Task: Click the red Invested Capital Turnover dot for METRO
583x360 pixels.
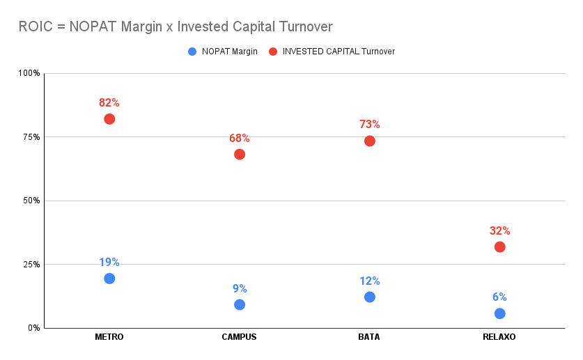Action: (x=109, y=119)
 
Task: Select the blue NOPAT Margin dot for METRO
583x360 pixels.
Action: (x=109, y=279)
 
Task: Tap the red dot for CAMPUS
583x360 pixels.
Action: (x=240, y=154)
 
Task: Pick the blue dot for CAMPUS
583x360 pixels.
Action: (x=240, y=304)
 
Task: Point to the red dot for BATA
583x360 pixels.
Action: (x=370, y=141)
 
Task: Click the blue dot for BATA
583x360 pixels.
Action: (x=370, y=297)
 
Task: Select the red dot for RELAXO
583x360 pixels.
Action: (x=499, y=246)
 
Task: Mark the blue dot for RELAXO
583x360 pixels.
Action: (x=499, y=313)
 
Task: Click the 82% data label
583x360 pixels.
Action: (x=109, y=103)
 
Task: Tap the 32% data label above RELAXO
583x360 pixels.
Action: (x=499, y=231)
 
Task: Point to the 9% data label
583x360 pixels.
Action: (x=240, y=289)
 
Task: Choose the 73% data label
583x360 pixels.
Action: (x=370, y=125)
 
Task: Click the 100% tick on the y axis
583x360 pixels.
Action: (x=30, y=73)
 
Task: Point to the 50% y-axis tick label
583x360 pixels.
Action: (x=32, y=201)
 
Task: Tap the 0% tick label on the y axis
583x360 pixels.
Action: (x=34, y=328)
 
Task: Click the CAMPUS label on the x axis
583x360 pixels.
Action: (x=240, y=337)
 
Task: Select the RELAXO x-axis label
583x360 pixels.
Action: (x=499, y=337)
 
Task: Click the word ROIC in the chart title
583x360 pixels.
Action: (x=34, y=26)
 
